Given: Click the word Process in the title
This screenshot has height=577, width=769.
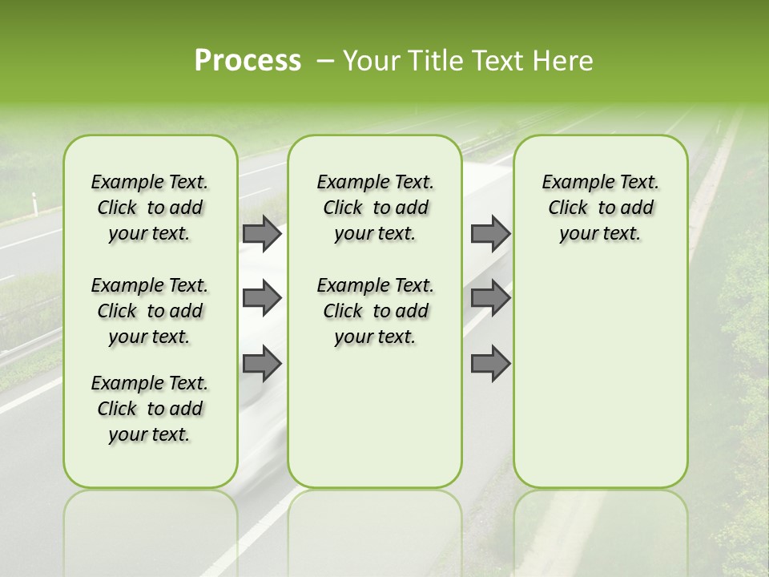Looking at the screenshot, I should tap(248, 61).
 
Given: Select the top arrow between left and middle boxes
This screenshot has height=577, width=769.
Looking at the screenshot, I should tap(261, 234).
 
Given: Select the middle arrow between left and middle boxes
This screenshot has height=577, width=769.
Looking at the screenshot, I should tap(261, 298).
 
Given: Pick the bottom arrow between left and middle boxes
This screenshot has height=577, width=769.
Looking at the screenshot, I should tap(261, 364).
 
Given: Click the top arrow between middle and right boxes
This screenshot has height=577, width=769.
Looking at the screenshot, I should tap(490, 234).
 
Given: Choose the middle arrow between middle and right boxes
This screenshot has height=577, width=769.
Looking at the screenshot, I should tap(490, 298).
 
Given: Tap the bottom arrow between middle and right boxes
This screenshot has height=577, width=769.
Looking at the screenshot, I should tap(490, 364).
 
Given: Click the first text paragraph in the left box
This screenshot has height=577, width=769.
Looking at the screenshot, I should tap(150, 208).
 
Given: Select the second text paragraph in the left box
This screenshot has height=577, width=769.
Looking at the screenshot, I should tap(150, 311).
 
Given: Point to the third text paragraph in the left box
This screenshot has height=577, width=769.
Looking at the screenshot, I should tap(150, 409).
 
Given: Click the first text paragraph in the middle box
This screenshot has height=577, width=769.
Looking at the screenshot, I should tap(375, 208).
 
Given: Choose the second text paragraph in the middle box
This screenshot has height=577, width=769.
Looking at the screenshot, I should tap(375, 311).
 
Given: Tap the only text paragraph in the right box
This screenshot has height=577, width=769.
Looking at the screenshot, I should tap(601, 208).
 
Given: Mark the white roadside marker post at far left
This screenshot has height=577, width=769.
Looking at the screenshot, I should tap(33, 202).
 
